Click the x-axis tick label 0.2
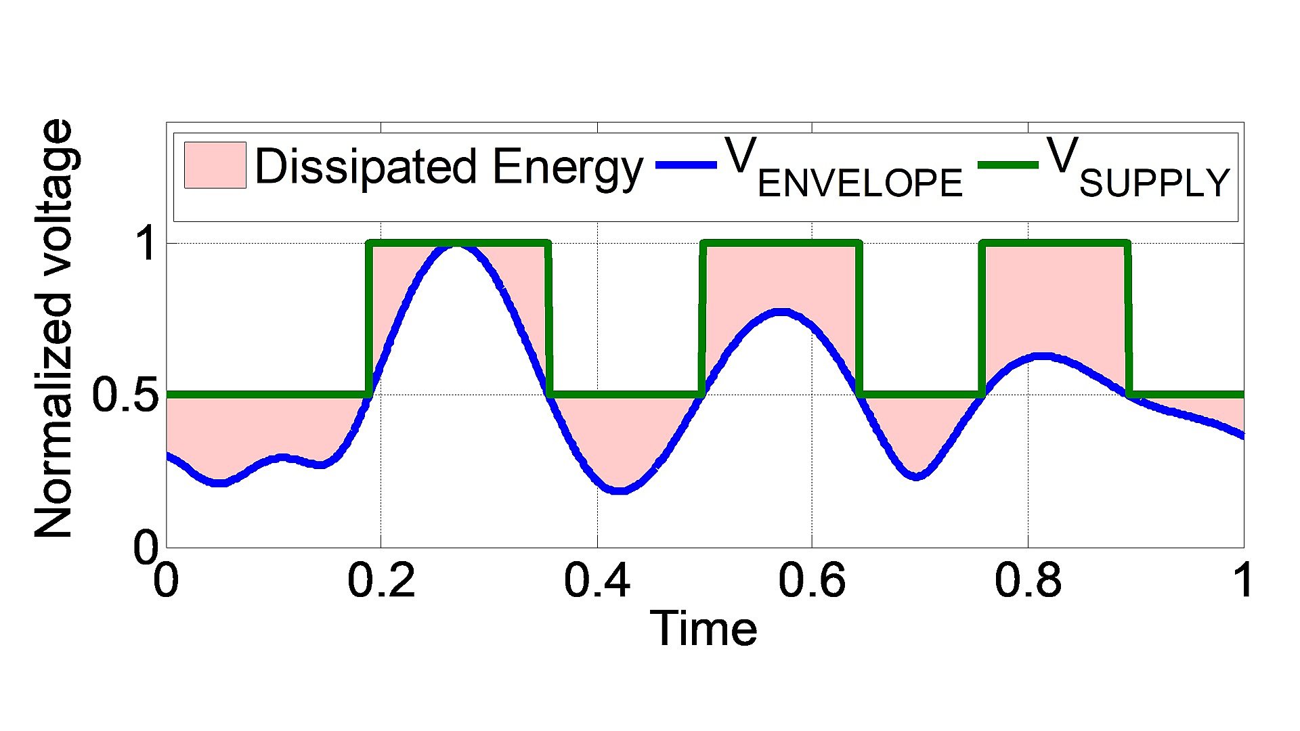381,580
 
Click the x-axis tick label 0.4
597,580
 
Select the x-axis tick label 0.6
812,580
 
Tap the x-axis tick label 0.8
1028,580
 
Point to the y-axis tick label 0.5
125,395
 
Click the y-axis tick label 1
146,244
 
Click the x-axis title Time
703,629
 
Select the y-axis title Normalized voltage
53,330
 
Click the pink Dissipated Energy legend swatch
215,165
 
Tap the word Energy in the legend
567,167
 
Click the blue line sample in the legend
686,165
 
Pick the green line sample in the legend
1008,165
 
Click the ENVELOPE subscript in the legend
860,183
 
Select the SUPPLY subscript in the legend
1154,183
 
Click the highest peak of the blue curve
457,245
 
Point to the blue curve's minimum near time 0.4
620,489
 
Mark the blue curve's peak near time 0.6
782,313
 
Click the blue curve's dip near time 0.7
915,476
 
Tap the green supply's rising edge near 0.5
703,318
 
